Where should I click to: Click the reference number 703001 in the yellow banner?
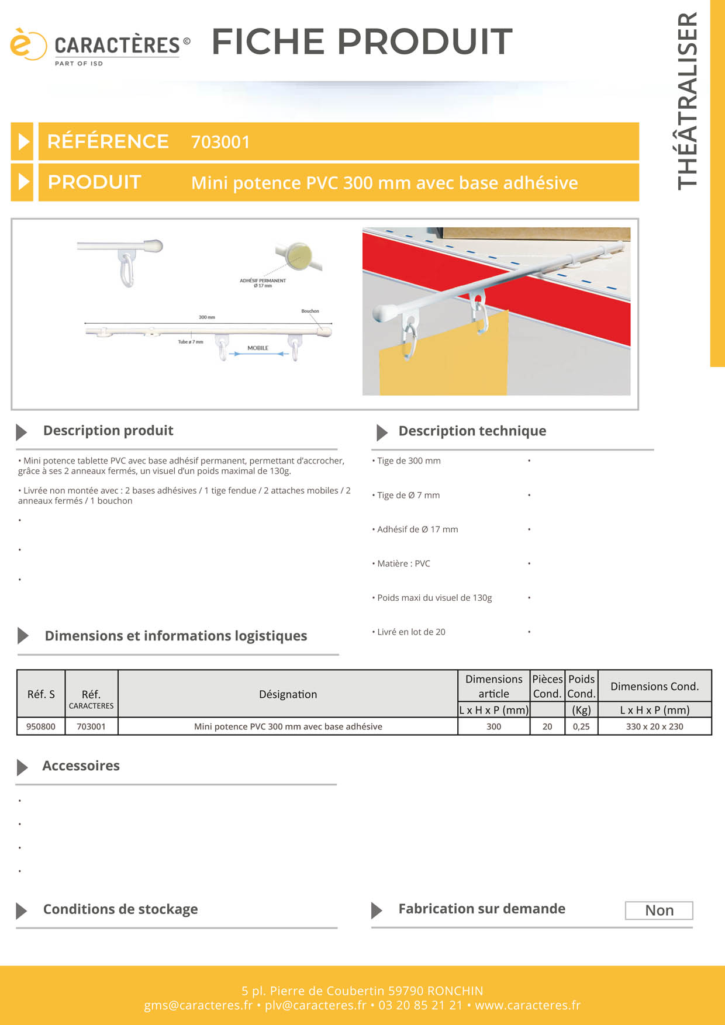[x=220, y=142]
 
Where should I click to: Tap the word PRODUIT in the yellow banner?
[x=94, y=182]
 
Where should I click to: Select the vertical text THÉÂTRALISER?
[x=688, y=101]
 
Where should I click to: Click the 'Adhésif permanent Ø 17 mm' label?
[x=263, y=283]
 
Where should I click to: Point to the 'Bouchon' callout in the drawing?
[x=310, y=311]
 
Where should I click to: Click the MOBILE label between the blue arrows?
[x=258, y=348]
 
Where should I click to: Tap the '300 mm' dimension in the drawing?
[x=207, y=317]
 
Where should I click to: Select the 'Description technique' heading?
[x=472, y=431]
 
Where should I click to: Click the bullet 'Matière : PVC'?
[x=403, y=563]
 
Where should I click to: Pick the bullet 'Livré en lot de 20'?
[x=410, y=632]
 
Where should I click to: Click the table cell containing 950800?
[x=41, y=726]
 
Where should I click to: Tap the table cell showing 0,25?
[x=581, y=726]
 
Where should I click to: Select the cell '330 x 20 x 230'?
[x=654, y=726]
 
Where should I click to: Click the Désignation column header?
[x=288, y=694]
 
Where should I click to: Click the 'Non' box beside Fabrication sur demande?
[x=659, y=910]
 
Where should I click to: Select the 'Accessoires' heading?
[x=81, y=766]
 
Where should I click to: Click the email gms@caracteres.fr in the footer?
[x=198, y=1005]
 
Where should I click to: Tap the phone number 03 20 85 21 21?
[x=420, y=1005]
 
